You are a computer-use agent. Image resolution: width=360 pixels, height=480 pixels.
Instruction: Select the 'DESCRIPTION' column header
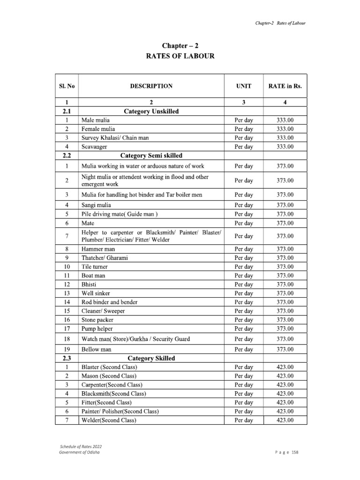[x=151, y=86]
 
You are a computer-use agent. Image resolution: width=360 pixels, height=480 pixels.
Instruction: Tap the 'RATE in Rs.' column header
[x=285, y=86]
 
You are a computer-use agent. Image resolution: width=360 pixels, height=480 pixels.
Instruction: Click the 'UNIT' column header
[x=244, y=86]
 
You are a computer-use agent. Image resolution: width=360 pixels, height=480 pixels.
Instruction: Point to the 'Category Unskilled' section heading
[x=151, y=111]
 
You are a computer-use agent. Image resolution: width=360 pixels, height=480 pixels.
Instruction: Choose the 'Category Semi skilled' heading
[x=151, y=155]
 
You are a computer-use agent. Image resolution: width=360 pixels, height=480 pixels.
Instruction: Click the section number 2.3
[x=67, y=358]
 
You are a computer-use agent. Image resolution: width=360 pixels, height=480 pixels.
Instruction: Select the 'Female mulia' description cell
[x=98, y=129]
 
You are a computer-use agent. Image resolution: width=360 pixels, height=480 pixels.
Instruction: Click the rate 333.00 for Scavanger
[x=285, y=147]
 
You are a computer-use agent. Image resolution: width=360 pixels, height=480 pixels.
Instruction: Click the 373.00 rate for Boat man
[x=285, y=276]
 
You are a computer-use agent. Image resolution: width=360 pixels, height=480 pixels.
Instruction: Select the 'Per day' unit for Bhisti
[x=244, y=285]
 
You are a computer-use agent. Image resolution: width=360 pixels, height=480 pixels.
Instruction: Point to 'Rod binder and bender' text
[x=110, y=302]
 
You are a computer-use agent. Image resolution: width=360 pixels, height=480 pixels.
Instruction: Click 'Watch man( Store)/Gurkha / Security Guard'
[x=135, y=339]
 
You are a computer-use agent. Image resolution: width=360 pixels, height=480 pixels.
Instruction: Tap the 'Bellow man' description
[x=97, y=350]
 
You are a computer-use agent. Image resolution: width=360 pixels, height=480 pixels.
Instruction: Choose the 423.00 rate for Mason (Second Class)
[x=285, y=376]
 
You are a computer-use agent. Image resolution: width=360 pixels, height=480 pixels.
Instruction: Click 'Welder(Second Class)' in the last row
[x=109, y=420]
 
